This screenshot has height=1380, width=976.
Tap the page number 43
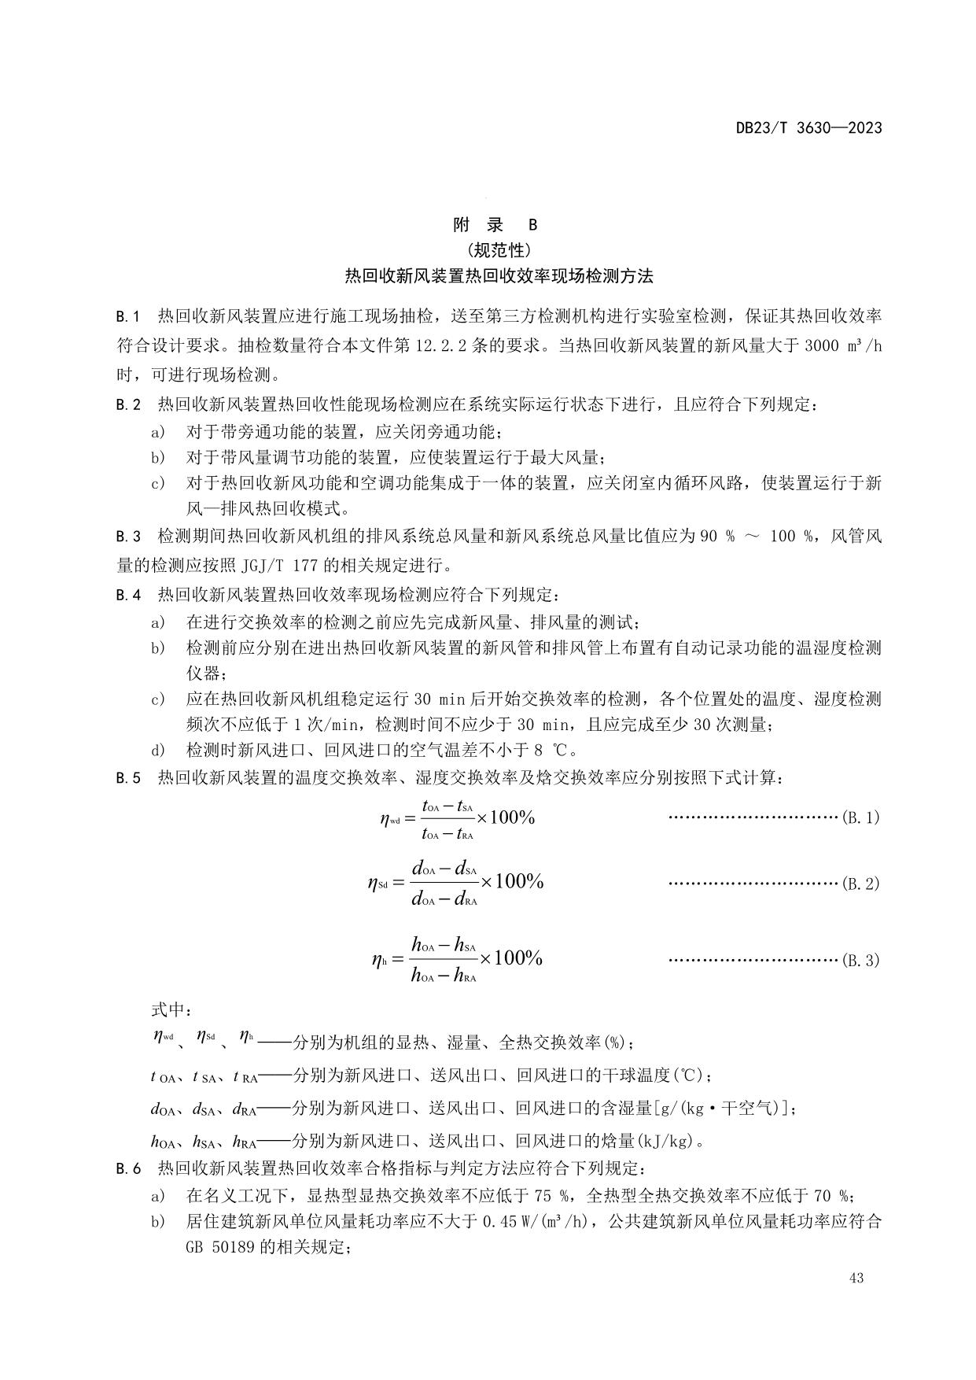pyautogui.click(x=856, y=1278)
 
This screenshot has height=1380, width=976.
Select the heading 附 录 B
pyautogui.click(x=495, y=225)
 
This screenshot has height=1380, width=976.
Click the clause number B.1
pyautogui.click(x=128, y=316)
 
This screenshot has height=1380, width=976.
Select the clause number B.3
pyautogui.click(x=128, y=537)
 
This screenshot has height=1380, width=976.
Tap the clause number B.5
pyautogui.click(x=128, y=778)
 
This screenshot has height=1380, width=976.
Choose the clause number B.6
pyautogui.click(x=128, y=1168)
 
